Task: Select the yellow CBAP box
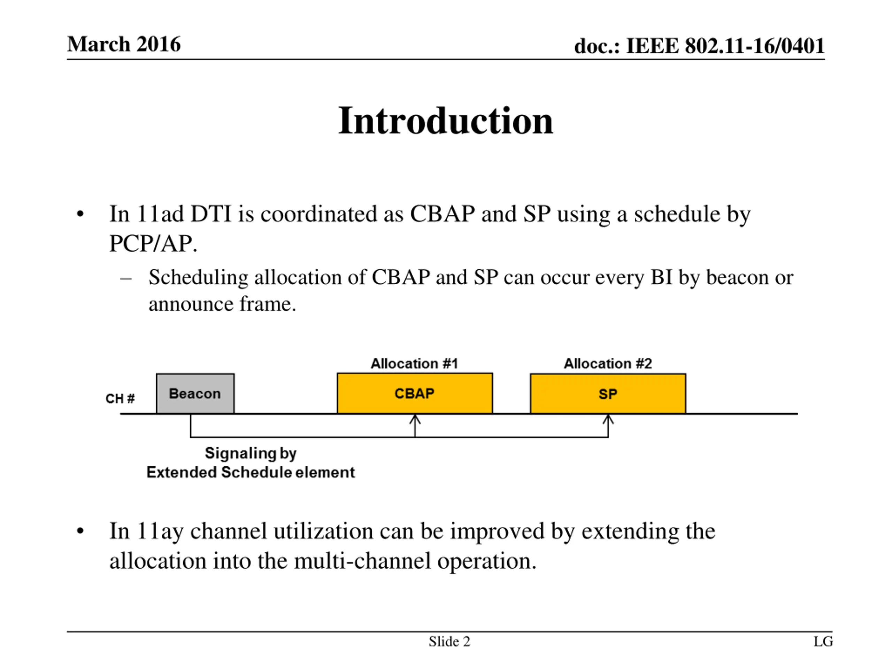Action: [x=415, y=393]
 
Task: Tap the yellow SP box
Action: [x=608, y=394]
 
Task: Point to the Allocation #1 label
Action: [x=414, y=363]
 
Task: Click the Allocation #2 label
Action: [x=608, y=363]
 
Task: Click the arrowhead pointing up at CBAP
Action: [x=415, y=420]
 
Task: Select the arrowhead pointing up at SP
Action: [x=608, y=420]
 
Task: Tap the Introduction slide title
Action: [x=446, y=121]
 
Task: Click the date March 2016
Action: [x=124, y=44]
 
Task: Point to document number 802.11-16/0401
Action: [x=754, y=46]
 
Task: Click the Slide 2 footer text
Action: [x=449, y=641]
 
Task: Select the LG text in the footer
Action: [x=823, y=641]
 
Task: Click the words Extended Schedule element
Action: [x=251, y=472]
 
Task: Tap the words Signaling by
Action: [x=251, y=453]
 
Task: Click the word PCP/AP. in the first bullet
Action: [x=153, y=243]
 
